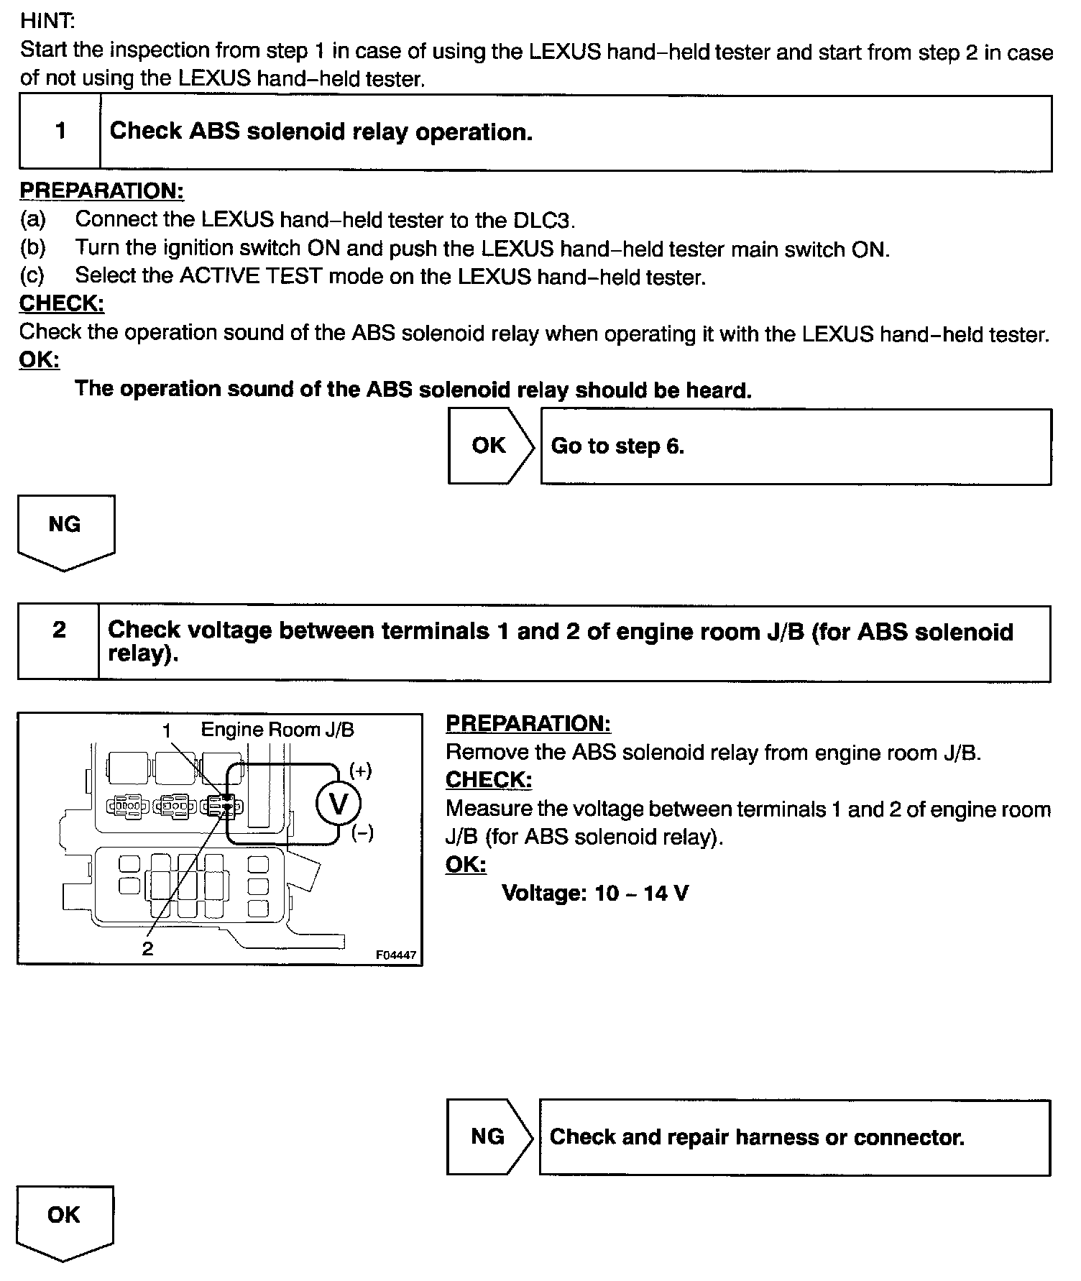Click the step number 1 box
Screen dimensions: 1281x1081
(60, 132)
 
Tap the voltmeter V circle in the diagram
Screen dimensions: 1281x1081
(338, 804)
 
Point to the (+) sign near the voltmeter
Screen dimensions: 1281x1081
(361, 771)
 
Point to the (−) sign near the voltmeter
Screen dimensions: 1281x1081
(362, 834)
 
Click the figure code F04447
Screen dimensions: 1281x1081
(395, 955)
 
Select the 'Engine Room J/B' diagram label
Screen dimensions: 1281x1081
(277, 730)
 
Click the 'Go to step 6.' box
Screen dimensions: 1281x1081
(795, 446)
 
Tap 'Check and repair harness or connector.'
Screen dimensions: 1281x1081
(793, 1137)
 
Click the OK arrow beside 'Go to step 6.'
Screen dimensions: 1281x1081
(491, 446)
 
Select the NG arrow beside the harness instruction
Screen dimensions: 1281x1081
(489, 1137)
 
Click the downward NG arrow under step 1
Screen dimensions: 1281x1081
(65, 531)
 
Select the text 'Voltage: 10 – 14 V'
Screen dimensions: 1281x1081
(595, 894)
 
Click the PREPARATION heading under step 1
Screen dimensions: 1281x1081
(101, 191)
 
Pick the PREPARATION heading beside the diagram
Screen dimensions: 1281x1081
(528, 724)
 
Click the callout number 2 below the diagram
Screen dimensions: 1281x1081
(147, 949)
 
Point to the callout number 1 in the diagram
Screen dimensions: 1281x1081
(167, 731)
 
